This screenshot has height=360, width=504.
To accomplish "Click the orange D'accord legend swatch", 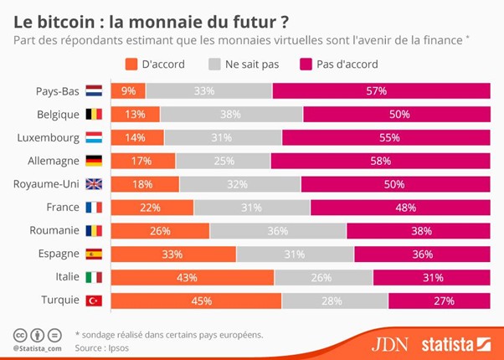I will pos(130,64).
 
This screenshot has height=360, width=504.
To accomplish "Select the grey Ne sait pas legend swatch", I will pos(216,64).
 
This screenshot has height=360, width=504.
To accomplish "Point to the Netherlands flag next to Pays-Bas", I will pos(94,90).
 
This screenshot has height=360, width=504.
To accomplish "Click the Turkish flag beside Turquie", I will pos(94,300).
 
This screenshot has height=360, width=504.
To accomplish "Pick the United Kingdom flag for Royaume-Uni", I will pos(94,184).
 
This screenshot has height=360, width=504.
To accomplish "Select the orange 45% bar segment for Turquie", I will pos(196,300).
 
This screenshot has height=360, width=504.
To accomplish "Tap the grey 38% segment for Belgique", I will pos(232,114).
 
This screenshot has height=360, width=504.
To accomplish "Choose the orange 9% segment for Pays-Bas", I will pos(128,90).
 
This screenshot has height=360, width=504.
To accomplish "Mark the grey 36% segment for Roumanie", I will pos(277,230).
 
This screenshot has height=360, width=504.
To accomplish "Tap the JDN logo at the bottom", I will pos(390,343).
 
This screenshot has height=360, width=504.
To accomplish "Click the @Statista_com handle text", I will pos(38,347).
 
